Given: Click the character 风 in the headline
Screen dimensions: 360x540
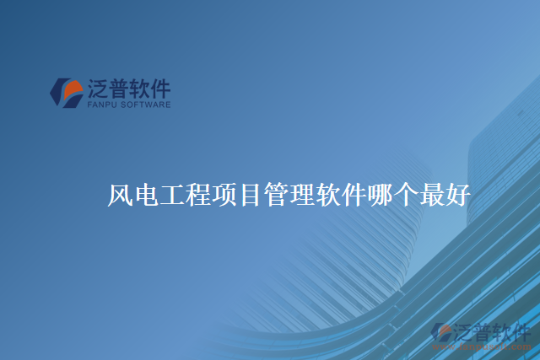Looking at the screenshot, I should pos(121,195).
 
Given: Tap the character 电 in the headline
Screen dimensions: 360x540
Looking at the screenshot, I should pos(146,195).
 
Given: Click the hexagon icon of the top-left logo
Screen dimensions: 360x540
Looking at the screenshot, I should pos(66,93).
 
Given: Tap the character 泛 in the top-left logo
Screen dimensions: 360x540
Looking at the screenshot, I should pos(99,89).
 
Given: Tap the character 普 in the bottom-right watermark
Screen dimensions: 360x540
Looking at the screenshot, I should pos(485,330).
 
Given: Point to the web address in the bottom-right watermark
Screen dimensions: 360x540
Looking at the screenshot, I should pos(489,346).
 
